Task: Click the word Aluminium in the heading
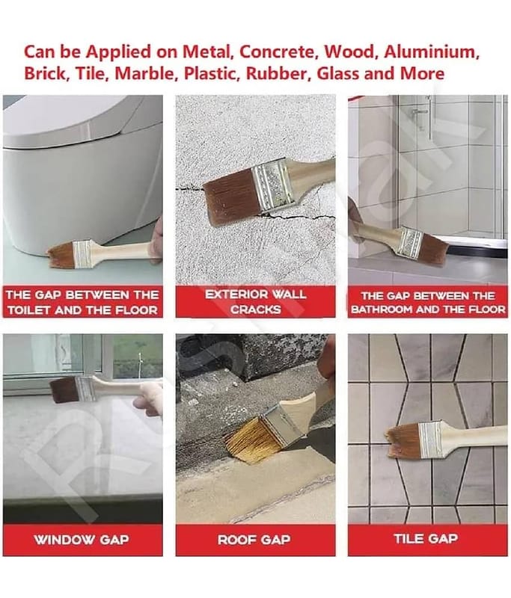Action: pyautogui.click(x=432, y=52)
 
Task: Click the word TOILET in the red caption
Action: pyautogui.click(x=28, y=310)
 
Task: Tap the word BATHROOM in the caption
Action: pyautogui.click(x=382, y=309)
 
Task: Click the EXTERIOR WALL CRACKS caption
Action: pyautogui.click(x=255, y=302)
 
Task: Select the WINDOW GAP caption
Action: pyautogui.click(x=82, y=540)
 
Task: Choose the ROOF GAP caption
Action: pyautogui.click(x=254, y=540)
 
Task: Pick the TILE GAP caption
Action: pyautogui.click(x=426, y=538)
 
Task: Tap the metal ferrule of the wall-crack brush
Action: pyautogui.click(x=273, y=185)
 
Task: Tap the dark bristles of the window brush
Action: pyautogui.click(x=64, y=390)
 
